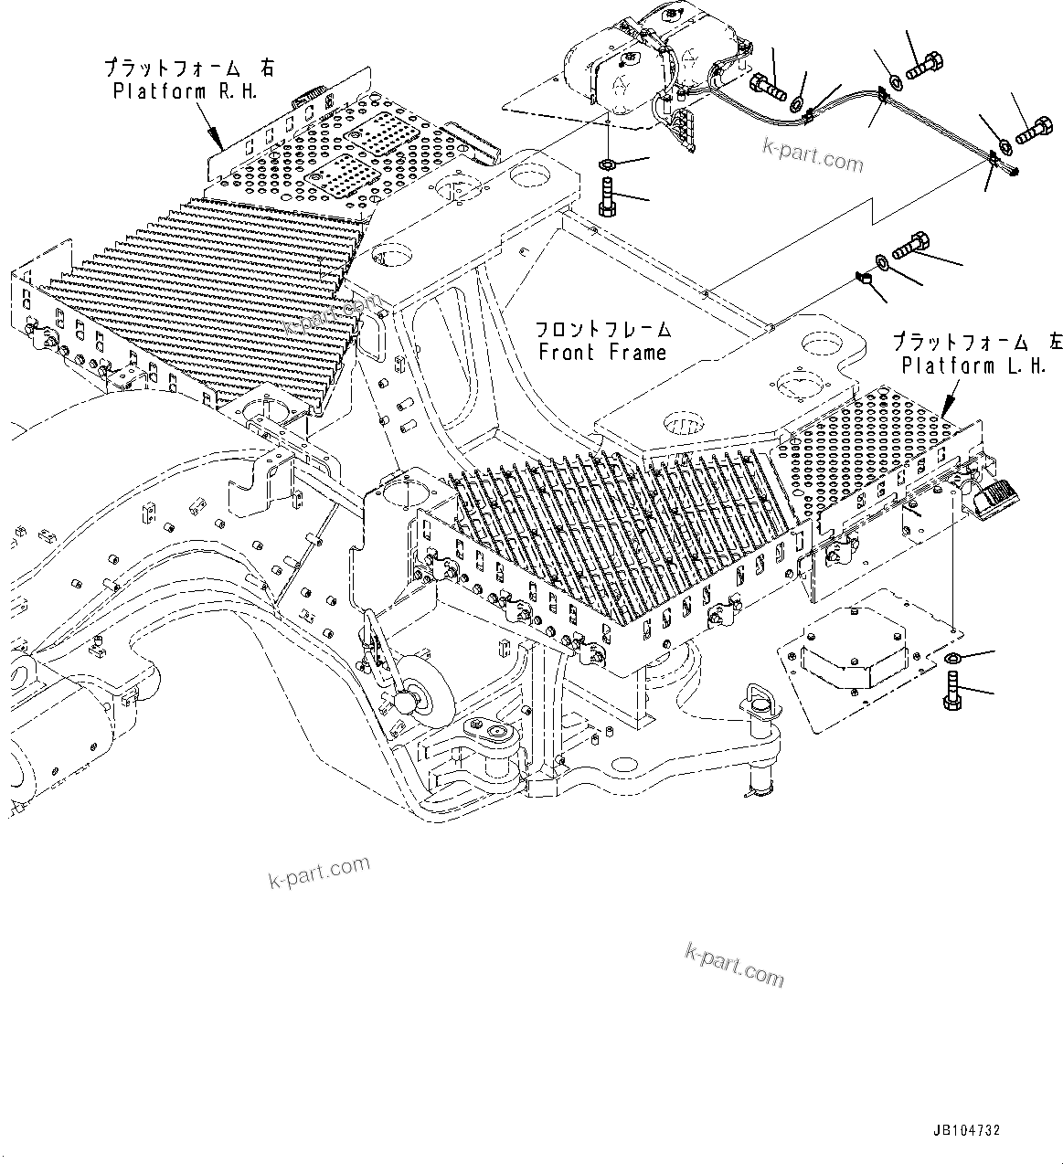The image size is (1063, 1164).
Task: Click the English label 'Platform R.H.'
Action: (x=185, y=91)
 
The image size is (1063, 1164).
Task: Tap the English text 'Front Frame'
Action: (x=602, y=353)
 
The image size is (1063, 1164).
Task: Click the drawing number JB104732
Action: (x=967, y=1131)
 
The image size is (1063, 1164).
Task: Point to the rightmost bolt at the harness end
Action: (x=1033, y=132)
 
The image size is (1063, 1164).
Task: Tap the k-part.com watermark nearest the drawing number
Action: (x=734, y=966)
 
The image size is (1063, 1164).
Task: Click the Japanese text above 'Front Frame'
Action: (x=602, y=329)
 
